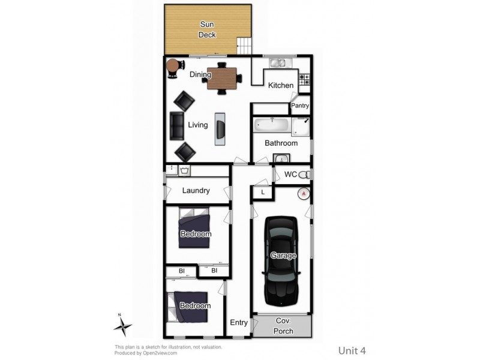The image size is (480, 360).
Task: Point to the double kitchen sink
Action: [278, 62]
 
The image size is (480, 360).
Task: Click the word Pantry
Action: [300, 106]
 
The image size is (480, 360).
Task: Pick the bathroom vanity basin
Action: [281, 159]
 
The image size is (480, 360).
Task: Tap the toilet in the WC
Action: [305, 175]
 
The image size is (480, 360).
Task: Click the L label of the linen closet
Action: [262, 192]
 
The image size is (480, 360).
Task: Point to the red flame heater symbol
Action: [303, 193]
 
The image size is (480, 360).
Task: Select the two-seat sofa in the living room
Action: [177, 125]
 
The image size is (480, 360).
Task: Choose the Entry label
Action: [239, 323]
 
